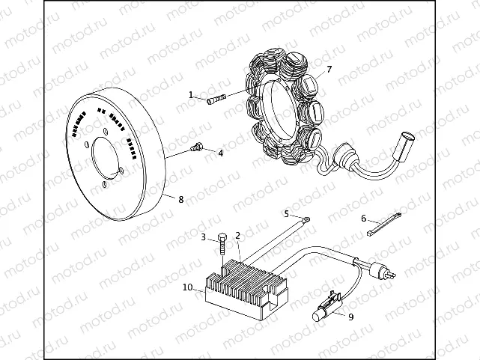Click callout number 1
point(191,94)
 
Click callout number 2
point(238,236)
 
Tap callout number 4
point(220,153)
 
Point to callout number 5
point(285,213)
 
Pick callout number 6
point(363,219)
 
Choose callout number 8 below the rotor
point(180,198)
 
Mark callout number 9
point(350,316)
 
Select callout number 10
point(187,287)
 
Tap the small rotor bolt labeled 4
point(197,147)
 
